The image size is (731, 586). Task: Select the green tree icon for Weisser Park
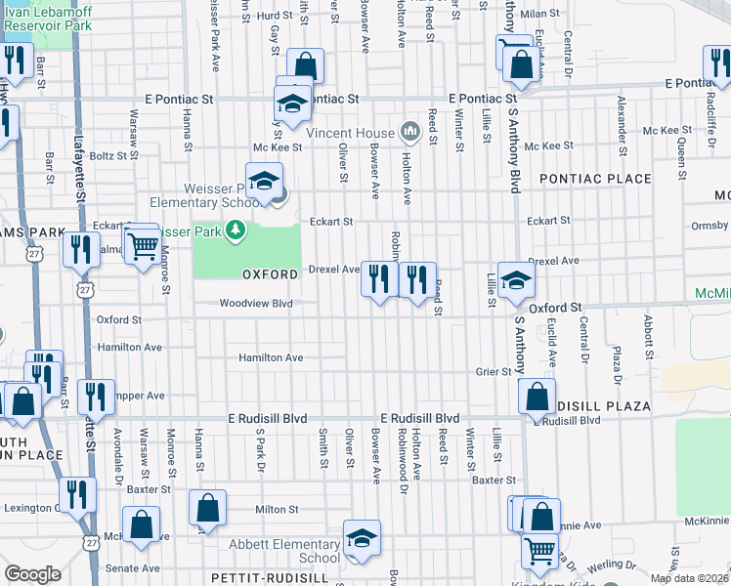(235, 230)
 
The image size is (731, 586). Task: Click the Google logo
(32, 574)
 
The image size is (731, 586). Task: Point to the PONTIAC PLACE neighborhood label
(594, 179)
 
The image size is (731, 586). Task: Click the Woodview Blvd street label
(256, 304)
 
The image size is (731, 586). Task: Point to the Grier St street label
(494, 371)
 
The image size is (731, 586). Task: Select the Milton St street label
(277, 510)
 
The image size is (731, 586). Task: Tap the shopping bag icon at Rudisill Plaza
(537, 397)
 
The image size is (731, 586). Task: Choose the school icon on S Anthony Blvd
(515, 281)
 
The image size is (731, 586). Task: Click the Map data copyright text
(689, 578)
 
